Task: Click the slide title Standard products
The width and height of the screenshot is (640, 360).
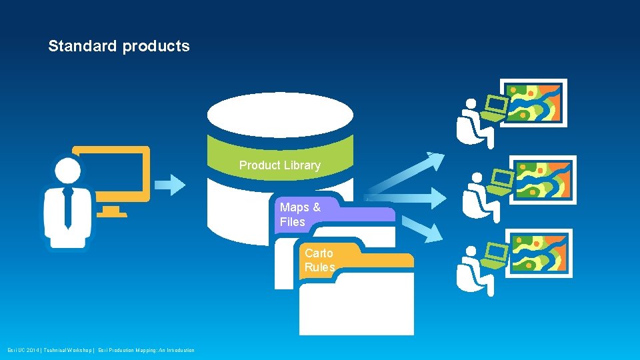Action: coord(119,46)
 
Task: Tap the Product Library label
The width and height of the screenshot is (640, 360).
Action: coord(279,165)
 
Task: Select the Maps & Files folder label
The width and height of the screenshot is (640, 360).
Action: coord(299,214)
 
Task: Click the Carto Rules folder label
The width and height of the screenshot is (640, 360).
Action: coord(319,260)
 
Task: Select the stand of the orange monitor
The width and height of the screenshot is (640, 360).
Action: coord(111,211)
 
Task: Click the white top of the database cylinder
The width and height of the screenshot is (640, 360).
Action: coord(279,115)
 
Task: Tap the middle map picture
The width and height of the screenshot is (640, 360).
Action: coord(544,179)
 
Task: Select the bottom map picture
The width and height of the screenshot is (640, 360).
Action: coord(539,253)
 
